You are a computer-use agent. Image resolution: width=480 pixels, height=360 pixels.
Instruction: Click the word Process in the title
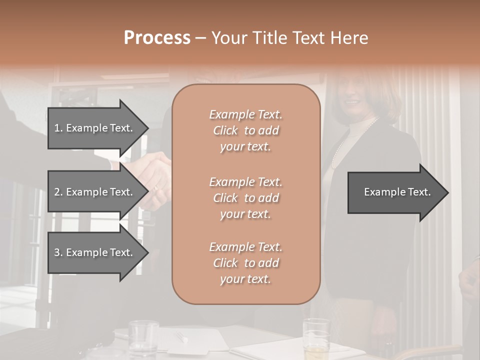[x=157, y=38]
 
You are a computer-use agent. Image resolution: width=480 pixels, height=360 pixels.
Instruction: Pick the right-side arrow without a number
[x=395, y=192]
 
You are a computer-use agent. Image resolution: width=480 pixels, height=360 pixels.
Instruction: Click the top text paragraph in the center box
[x=245, y=130]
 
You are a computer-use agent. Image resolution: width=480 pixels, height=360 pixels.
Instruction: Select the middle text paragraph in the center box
[x=245, y=198]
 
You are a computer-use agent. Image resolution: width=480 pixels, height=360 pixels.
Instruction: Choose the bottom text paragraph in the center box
[x=245, y=263]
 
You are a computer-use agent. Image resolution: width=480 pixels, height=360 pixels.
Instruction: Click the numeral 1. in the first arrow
[x=58, y=128]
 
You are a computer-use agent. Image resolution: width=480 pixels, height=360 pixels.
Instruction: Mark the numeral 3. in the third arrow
[x=58, y=252]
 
